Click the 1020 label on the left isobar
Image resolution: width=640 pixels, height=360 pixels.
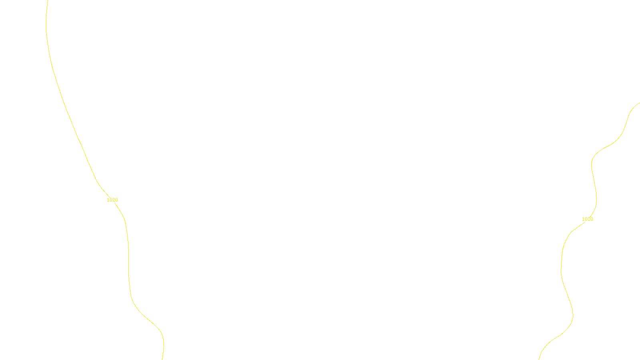pyautogui.click(x=112, y=200)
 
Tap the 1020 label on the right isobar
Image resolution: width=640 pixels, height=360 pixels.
pyautogui.click(x=587, y=219)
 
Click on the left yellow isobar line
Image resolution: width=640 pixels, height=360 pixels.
pyautogui.click(x=72, y=120)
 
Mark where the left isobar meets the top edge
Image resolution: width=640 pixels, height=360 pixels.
pyautogui.click(x=48, y=1)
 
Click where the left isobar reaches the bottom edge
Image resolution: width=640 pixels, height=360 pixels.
pyautogui.click(x=162, y=358)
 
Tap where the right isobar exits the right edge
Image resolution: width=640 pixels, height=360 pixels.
pyautogui.click(x=639, y=103)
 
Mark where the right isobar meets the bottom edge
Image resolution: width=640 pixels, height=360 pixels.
pyautogui.click(x=540, y=358)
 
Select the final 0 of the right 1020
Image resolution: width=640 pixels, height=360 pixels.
pyautogui.click(x=592, y=219)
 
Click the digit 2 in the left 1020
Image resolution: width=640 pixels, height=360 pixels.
pyautogui.click(x=114, y=200)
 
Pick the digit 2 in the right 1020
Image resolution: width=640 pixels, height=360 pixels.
pyautogui.click(x=589, y=219)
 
